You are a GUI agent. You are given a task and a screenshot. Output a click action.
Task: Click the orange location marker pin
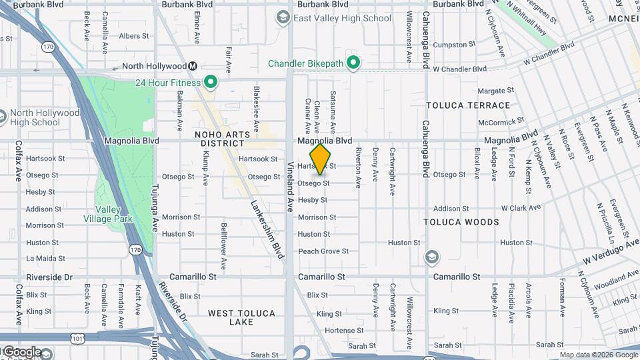coord(321,159)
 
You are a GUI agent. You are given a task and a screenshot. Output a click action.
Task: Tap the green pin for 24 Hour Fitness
coord(211,83)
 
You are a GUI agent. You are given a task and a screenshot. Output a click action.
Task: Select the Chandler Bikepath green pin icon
coord(354,63)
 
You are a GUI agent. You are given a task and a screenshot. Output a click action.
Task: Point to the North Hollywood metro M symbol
coord(193,66)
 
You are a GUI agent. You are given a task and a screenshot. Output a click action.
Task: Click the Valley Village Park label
coord(108,213)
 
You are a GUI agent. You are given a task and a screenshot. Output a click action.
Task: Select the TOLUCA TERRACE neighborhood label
coord(468,105)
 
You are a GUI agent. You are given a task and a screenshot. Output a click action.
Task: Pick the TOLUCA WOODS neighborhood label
coord(461,222)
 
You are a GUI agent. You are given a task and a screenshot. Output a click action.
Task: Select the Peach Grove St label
coord(323,251)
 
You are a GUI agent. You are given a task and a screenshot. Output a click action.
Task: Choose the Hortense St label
coord(345,330)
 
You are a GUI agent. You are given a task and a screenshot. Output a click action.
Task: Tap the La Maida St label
coord(45,259)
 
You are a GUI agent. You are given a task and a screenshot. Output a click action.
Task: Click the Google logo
coord(22,352)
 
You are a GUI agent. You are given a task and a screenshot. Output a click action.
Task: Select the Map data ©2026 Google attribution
coord(599,355)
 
